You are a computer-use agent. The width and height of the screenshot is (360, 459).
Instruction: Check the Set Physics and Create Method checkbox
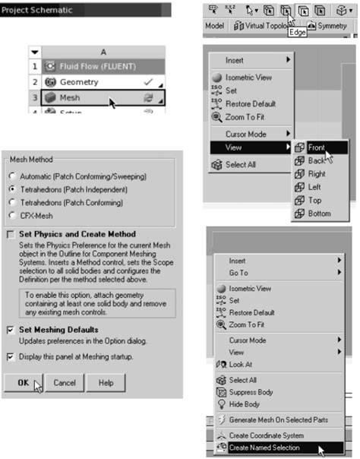(x=11, y=234)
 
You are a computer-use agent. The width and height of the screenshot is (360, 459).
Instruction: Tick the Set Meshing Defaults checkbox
(x=11, y=329)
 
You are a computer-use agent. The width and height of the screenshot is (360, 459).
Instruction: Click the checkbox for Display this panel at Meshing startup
(x=11, y=356)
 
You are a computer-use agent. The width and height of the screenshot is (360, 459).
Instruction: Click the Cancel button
(x=69, y=383)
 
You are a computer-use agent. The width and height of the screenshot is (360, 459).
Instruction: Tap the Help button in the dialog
(x=106, y=383)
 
